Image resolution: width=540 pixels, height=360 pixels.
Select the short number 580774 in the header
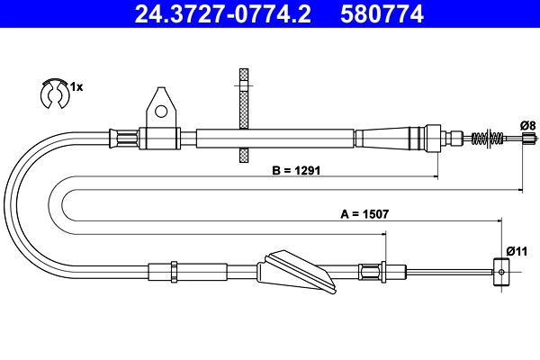[382, 13]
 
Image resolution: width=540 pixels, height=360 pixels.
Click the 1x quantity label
[76, 87]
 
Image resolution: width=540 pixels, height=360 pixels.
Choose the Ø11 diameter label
[515, 250]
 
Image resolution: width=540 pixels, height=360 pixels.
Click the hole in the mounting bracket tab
[161, 112]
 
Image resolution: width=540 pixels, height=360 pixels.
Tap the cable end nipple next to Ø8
[529, 139]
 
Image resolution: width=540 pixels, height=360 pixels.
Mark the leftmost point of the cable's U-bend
[6, 202]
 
